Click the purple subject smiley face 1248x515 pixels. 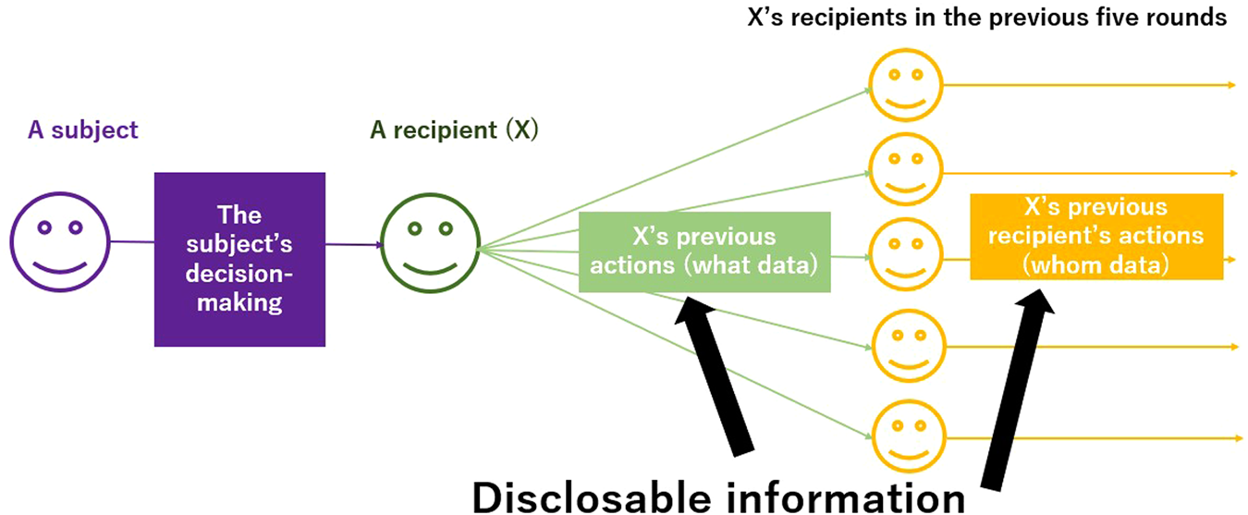coord(59,243)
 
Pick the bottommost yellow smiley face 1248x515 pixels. coord(903,435)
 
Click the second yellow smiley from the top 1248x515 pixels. coord(903,170)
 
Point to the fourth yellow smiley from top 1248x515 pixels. coord(903,346)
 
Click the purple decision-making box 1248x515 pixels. coord(239,259)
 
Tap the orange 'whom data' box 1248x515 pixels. coord(1096,236)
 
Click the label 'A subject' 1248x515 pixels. coord(82,130)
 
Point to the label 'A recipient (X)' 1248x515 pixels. coord(454,130)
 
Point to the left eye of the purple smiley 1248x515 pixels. coord(43,227)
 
